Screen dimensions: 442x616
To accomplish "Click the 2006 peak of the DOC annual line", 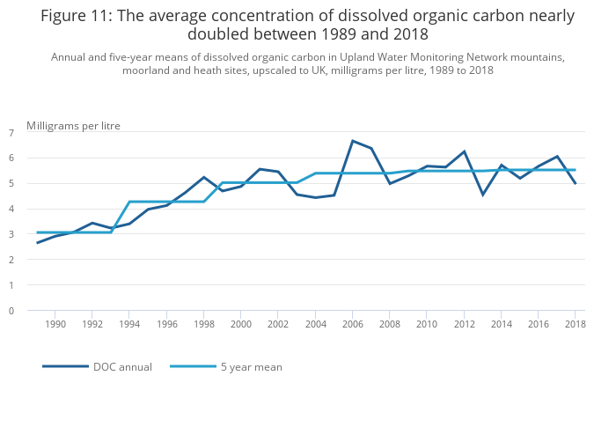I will (353, 141).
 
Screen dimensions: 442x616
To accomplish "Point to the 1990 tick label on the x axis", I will (55, 324).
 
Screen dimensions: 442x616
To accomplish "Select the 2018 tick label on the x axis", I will (576, 324).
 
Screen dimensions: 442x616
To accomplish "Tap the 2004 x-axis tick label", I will (315, 324).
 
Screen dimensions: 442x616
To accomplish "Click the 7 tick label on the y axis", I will (11, 133).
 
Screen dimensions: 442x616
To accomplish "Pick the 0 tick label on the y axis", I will (11, 311).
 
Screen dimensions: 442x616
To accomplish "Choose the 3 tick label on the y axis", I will (11, 234).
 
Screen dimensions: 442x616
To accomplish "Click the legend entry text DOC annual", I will (122, 367).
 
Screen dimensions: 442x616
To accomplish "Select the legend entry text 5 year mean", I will (253, 367).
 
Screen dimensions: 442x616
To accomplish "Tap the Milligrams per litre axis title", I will (73, 126).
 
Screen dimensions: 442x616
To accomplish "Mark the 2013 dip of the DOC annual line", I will (482, 195).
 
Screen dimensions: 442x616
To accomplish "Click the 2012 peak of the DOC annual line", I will (464, 151).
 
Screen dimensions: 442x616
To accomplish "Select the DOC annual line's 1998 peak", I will (203, 177).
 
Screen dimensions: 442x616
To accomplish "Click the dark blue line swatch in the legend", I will (65, 366).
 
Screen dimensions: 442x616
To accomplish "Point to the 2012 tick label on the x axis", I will (464, 324).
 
